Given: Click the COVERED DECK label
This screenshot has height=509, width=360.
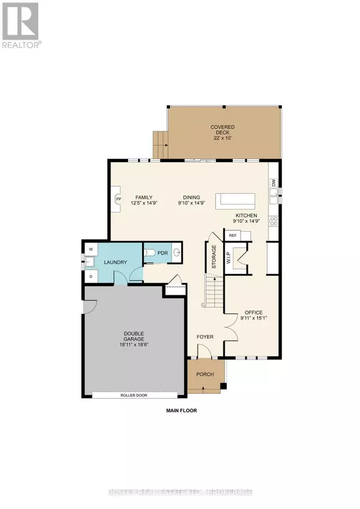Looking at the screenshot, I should (x=222, y=130).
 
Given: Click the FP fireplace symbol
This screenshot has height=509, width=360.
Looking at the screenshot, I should (x=118, y=199).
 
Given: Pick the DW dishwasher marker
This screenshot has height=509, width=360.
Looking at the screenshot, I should (x=273, y=183).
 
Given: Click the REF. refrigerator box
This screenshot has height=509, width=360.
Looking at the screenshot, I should (x=233, y=236).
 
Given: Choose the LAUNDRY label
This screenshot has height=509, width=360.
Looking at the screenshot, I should (x=113, y=262).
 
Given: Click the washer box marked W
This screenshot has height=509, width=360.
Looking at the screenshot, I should (x=91, y=248).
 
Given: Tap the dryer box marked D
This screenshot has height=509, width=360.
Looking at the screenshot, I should (x=91, y=276).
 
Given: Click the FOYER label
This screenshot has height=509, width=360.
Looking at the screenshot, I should (x=206, y=337).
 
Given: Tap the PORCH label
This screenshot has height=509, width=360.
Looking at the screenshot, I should (x=205, y=375).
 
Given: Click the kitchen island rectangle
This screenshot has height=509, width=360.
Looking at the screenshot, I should (x=236, y=200).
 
